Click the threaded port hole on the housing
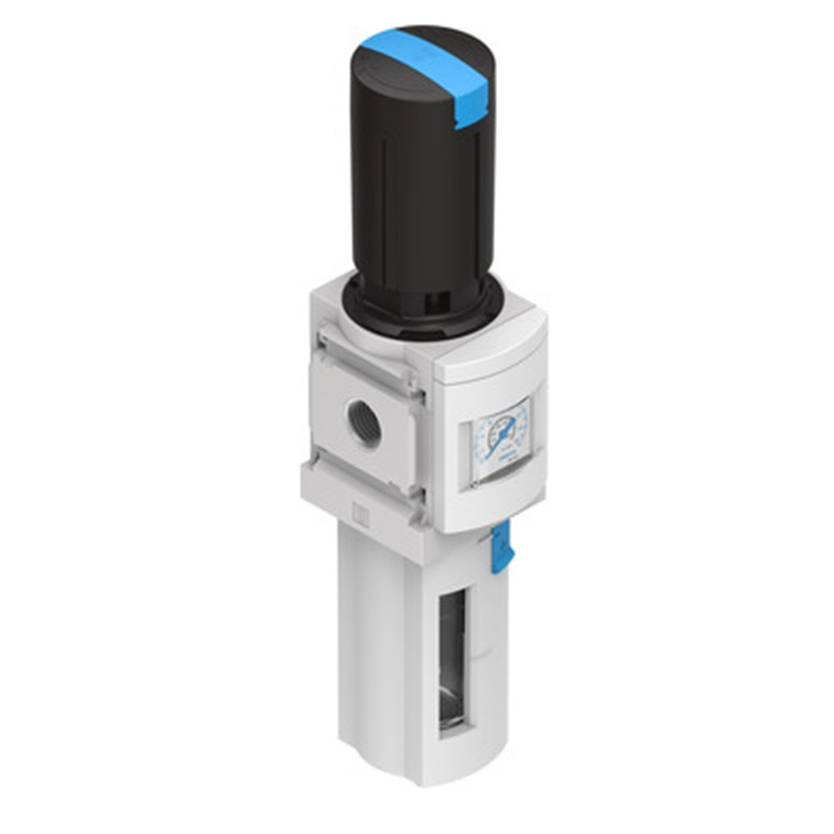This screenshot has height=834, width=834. coord(364,425)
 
